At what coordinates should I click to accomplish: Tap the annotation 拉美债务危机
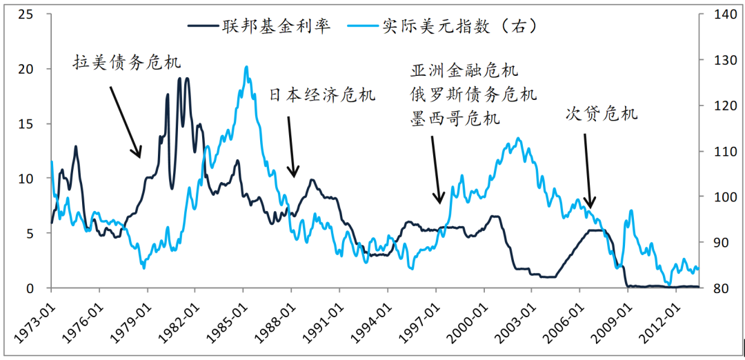tap(127, 63)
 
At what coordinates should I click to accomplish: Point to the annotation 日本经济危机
tap(322, 95)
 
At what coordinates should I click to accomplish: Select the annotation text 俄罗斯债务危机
tap(473, 94)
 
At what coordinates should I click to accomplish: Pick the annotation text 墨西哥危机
tap(454, 118)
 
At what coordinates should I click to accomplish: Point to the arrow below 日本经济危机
tap(291, 147)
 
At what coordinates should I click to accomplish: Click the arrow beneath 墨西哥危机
tap(436, 170)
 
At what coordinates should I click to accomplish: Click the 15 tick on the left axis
tap(26, 123)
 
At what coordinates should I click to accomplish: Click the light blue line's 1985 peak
tap(246, 67)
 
